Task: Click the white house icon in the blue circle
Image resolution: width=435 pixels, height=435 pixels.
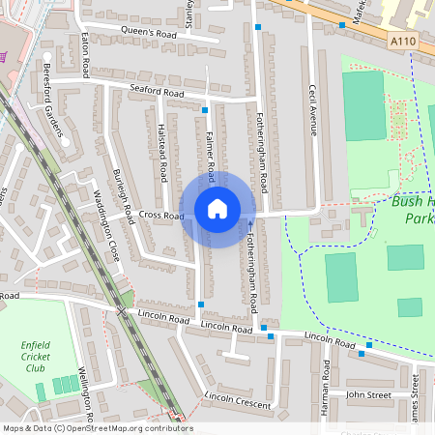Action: pos(217,208)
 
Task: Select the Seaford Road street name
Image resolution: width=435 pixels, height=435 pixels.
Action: pos(157,92)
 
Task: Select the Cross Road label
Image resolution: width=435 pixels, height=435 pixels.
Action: pos(160,215)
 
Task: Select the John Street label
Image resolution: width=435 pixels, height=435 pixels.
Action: pos(368,394)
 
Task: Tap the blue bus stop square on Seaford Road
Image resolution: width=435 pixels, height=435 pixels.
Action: pos(205,110)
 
